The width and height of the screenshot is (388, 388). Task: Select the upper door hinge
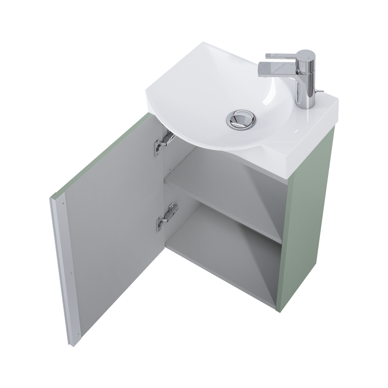coord(163,141)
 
